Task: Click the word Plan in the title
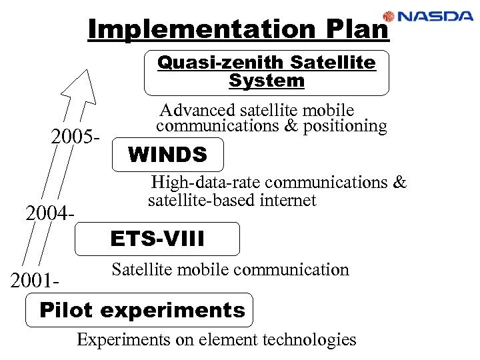356,29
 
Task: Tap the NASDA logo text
436,16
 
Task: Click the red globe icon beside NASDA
389,16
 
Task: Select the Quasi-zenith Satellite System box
266,72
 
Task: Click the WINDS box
167,155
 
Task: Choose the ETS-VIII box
157,239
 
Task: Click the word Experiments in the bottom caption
124,339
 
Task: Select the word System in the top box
266,81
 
